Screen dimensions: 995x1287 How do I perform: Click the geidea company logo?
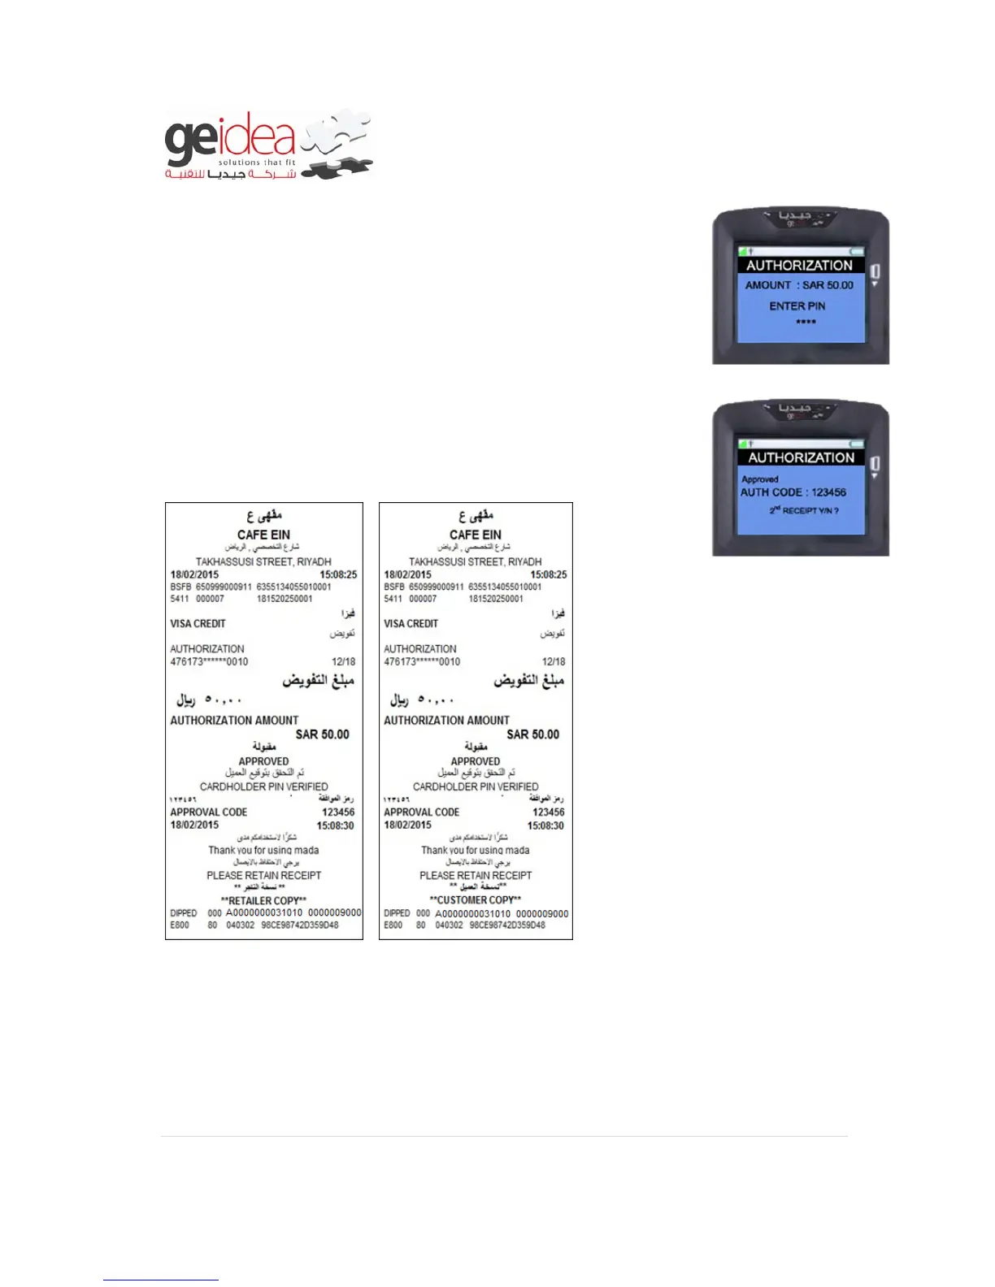[x=268, y=145]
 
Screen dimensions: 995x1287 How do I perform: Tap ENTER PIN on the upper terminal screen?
[x=797, y=306]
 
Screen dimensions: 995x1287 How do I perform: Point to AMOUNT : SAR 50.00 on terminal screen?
[x=799, y=285]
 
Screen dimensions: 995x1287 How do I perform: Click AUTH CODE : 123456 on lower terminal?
[x=793, y=492]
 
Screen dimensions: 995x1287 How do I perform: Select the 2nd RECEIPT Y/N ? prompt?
[x=804, y=511]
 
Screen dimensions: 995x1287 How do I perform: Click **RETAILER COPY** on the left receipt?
[x=263, y=900]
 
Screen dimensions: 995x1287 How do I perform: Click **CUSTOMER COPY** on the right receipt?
[x=476, y=900]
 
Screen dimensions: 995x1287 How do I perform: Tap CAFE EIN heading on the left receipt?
[x=263, y=535]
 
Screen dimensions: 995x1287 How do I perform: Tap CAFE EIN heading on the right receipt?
[x=476, y=535]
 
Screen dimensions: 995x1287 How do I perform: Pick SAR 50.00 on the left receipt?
[x=322, y=734]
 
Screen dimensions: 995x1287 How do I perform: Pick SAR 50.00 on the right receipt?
[x=532, y=734]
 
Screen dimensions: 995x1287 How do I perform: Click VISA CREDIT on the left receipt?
[x=198, y=624]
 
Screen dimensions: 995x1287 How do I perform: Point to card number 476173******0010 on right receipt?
[x=422, y=662]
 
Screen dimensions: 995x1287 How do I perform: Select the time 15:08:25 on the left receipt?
[x=338, y=574]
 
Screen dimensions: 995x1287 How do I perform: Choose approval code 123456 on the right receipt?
[x=548, y=812]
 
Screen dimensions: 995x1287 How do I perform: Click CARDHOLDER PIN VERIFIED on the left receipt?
[x=263, y=786]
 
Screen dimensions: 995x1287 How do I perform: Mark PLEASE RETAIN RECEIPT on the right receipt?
[x=476, y=875]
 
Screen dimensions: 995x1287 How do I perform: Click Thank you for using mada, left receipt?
[x=263, y=850]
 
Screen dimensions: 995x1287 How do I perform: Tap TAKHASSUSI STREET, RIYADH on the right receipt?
[x=476, y=561]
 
